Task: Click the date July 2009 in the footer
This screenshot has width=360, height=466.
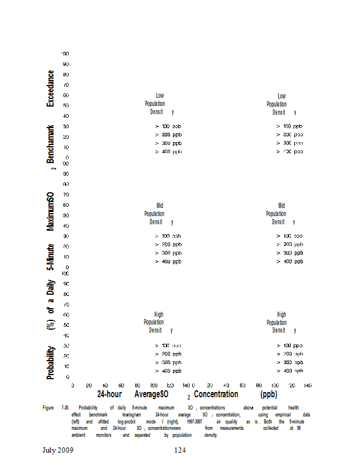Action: [x=58, y=450]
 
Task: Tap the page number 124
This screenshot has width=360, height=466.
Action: [x=180, y=450]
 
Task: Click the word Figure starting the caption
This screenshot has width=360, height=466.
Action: [x=48, y=407]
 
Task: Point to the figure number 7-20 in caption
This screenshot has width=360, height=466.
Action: [x=66, y=407]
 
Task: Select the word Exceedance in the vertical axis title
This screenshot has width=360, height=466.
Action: [x=51, y=88]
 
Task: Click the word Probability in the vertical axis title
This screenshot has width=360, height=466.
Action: [x=51, y=362]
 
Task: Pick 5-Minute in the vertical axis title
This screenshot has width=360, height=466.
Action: [x=51, y=255]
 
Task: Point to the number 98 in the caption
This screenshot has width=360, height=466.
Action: [x=298, y=428]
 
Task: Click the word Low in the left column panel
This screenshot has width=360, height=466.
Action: [x=160, y=96]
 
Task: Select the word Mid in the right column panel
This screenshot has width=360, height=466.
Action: [x=282, y=206]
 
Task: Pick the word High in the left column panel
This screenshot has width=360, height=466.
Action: [x=159, y=315]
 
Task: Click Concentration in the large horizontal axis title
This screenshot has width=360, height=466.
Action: [x=216, y=394]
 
